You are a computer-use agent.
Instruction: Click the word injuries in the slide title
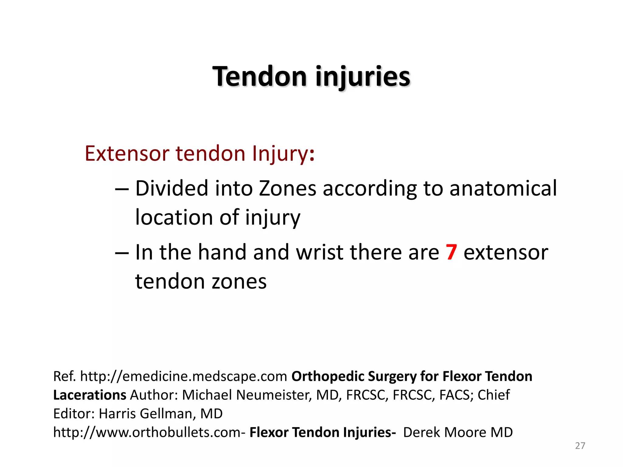[363, 77]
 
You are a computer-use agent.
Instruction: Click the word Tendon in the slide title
[259, 77]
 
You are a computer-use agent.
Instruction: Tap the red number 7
[451, 252]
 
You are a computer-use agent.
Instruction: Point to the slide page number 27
[580, 446]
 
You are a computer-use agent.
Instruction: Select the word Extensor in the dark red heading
[127, 153]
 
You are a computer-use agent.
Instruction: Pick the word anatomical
[503, 189]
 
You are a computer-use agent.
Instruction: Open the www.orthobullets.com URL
[147, 432]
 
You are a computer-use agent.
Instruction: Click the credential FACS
[454, 395]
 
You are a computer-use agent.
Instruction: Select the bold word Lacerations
[89, 395]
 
